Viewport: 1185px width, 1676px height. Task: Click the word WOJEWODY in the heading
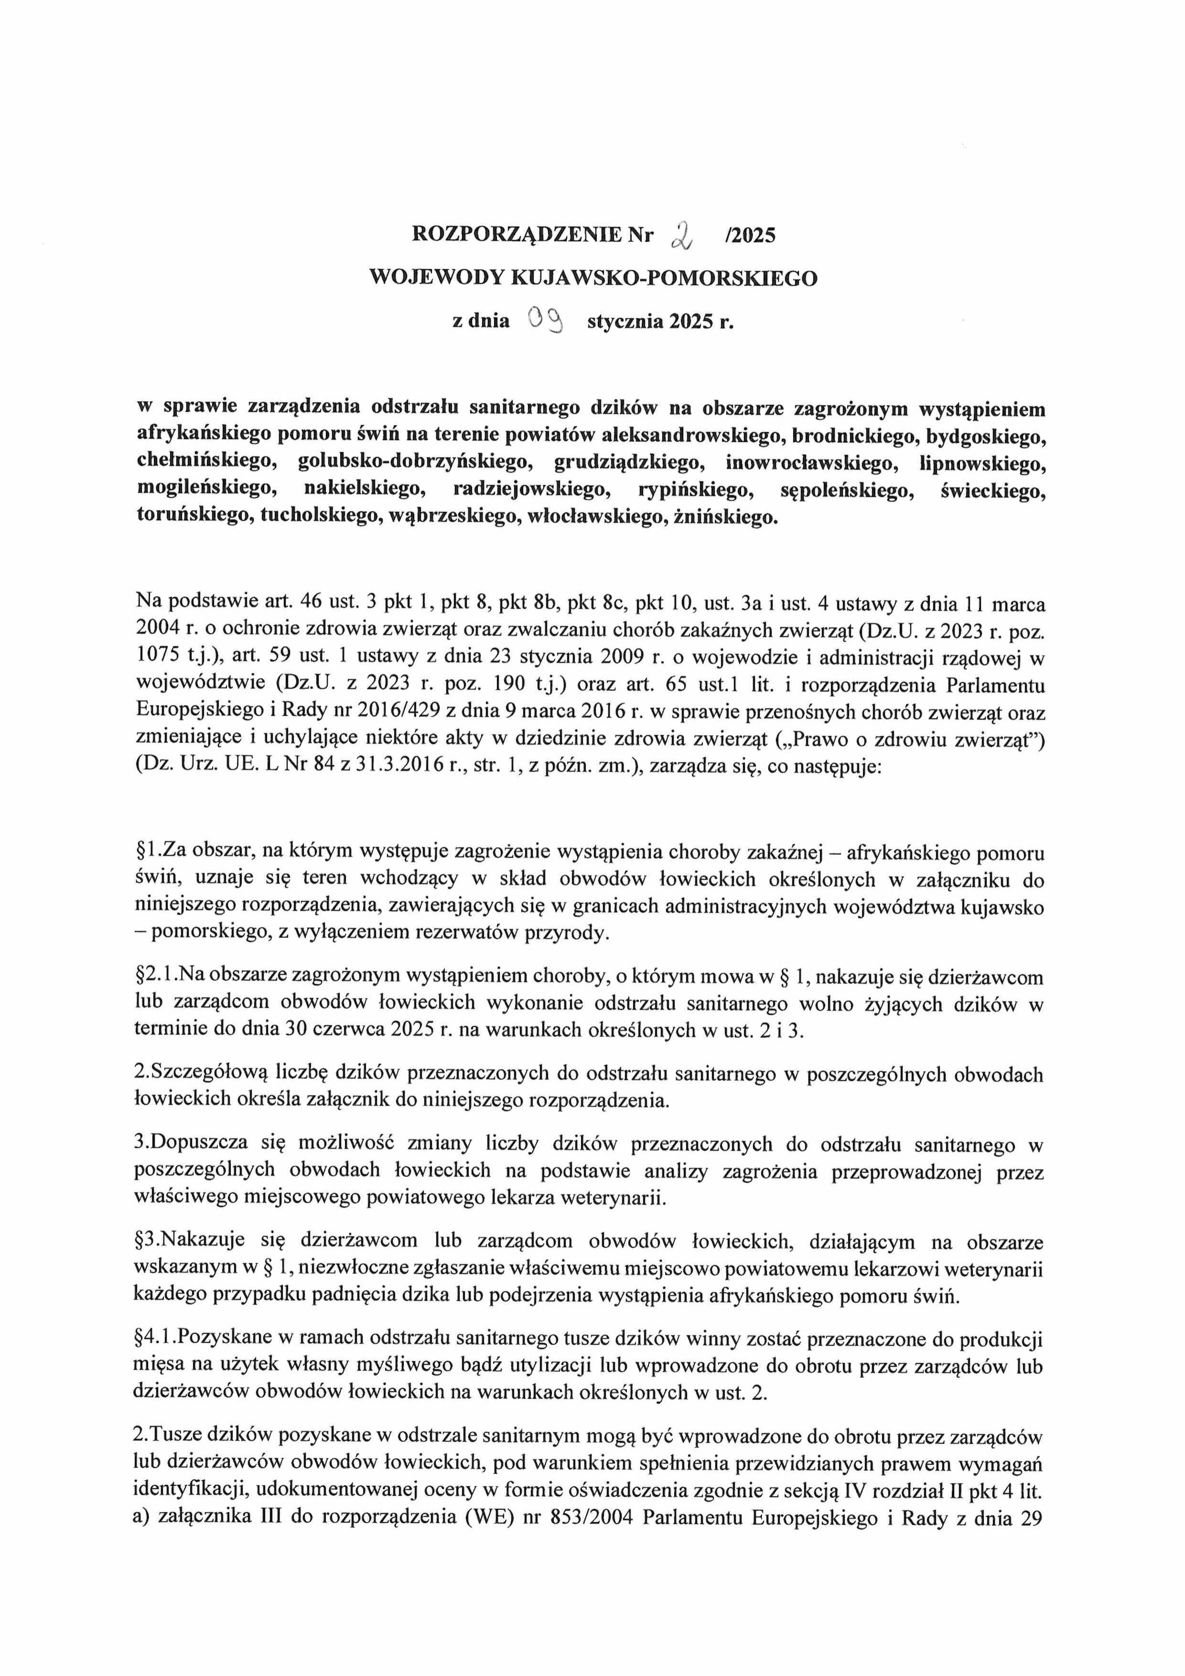(x=428, y=278)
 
